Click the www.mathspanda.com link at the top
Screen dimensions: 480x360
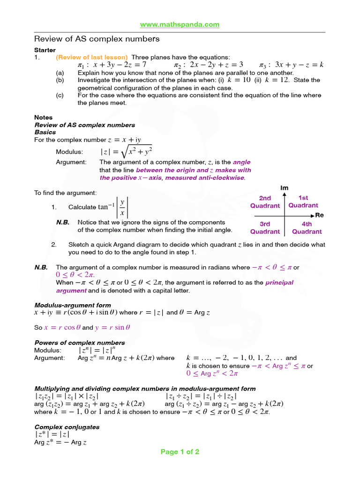[x=180, y=24]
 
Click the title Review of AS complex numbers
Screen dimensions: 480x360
[x=97, y=39]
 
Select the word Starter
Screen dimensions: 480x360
[x=45, y=50]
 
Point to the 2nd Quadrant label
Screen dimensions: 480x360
[x=265, y=202]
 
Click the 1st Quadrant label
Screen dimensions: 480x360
[x=303, y=202]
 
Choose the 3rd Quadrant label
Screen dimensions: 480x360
[x=265, y=228]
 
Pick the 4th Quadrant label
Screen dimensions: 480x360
[x=307, y=228]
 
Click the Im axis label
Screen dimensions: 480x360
[x=285, y=188]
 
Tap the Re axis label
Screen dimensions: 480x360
[x=320, y=215]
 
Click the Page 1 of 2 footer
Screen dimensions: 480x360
[x=180, y=452]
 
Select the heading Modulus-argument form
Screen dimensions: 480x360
[x=73, y=305]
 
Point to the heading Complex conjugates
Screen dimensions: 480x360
[x=67, y=427]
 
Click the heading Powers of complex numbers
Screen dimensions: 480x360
[x=80, y=343]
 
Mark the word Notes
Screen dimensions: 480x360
[x=44, y=118]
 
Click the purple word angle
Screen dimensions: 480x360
[x=242, y=162]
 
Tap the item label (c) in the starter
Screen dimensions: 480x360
[x=60, y=95]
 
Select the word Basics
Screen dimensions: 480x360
[x=45, y=132]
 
